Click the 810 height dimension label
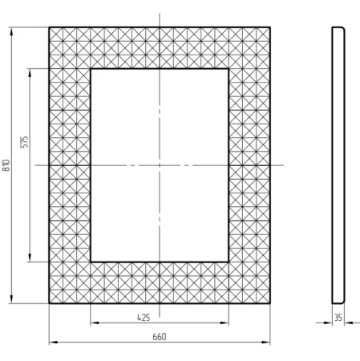[6, 165]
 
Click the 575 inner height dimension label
[24, 142]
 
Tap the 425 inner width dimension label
[144, 318]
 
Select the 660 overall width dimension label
[160, 337]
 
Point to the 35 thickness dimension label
[338, 318]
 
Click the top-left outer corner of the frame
[49, 27]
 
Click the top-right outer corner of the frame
[270, 27]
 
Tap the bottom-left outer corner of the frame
[49, 303]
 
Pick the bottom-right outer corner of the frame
[270, 303]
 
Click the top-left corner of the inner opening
[91, 69]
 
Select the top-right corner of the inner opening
[229, 69]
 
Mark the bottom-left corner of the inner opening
[91, 262]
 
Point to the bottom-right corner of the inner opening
[229, 262]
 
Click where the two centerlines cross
[160, 165]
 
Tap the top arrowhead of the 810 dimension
[11, 31]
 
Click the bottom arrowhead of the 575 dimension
[30, 258]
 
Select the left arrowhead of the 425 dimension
[95, 323]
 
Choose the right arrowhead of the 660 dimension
[265, 343]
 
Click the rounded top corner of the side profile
[343, 29]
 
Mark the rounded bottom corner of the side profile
[343, 302]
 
